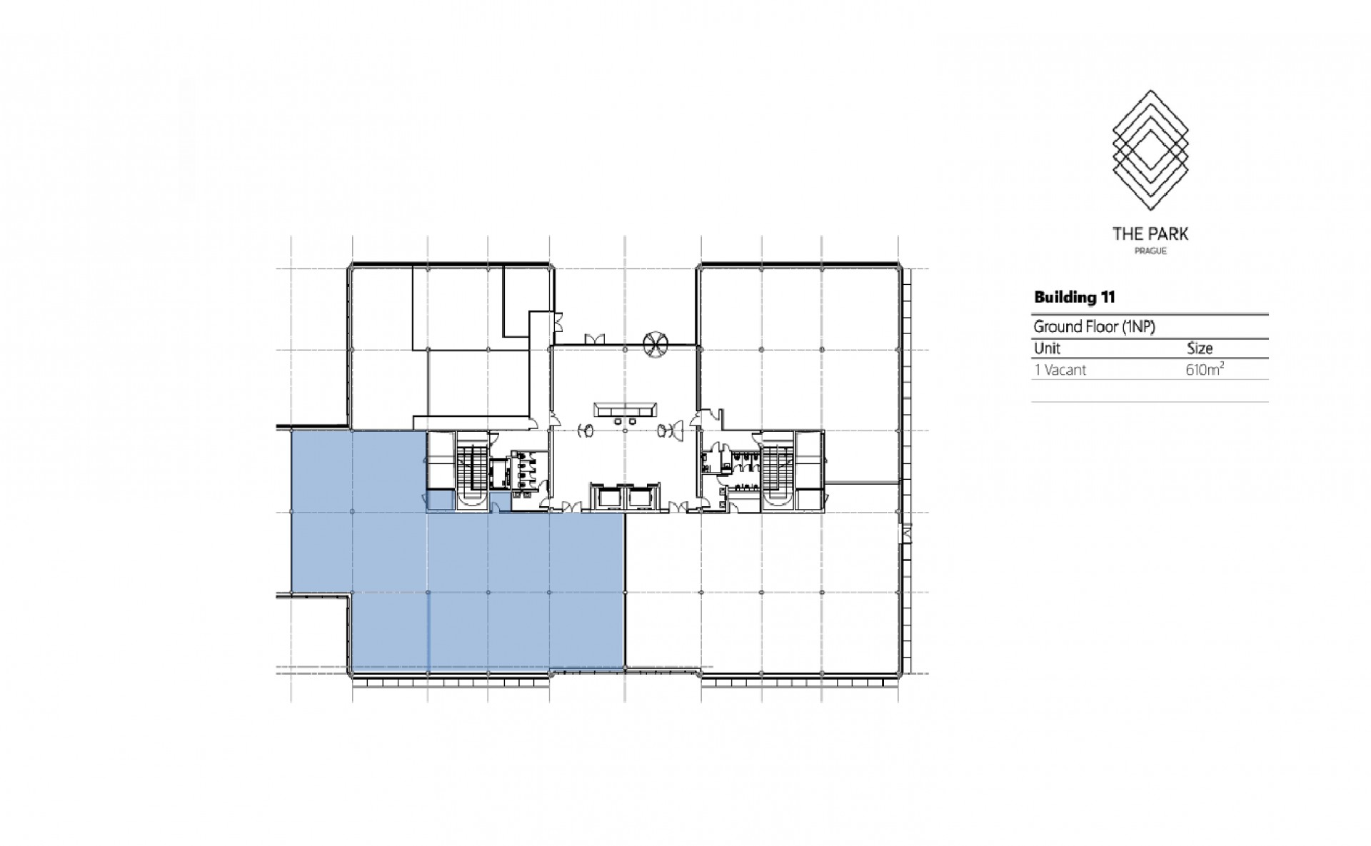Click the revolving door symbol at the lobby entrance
tap(654, 343)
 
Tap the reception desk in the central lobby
tap(625, 410)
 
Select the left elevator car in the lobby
tap(608, 498)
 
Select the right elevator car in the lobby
tap(641, 498)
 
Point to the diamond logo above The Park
tap(1150, 150)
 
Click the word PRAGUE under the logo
tap(1150, 251)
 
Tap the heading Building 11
tap(1075, 297)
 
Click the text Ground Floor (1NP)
tap(1095, 327)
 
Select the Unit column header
tap(1047, 348)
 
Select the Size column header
tap(1200, 348)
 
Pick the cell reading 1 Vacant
tap(1060, 370)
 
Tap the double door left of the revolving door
tap(595, 339)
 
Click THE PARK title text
tap(1150, 233)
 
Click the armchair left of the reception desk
tap(586, 430)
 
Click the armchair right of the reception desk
tap(663, 430)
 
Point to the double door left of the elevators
tap(570, 507)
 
